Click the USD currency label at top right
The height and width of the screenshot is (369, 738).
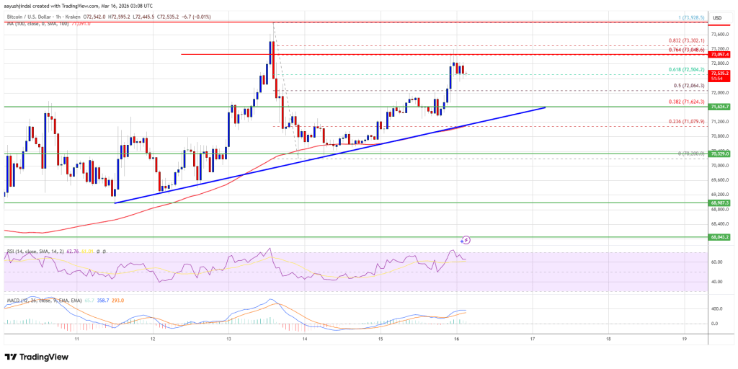(x=717, y=17)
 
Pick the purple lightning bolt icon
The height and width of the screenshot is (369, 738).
(x=466, y=239)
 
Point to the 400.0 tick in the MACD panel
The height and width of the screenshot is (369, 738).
(x=717, y=308)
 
